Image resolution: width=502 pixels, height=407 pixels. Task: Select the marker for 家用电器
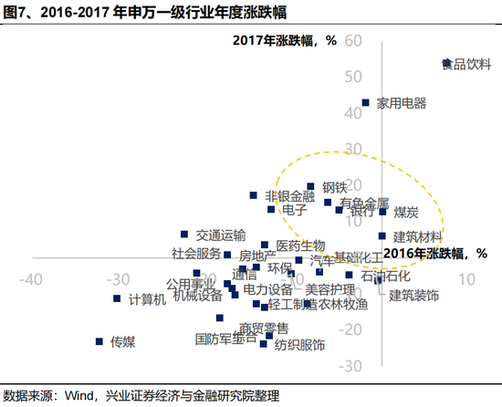coord(366,103)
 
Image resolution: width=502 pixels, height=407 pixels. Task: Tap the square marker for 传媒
coord(99,341)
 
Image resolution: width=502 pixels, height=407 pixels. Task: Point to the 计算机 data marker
coord(117,298)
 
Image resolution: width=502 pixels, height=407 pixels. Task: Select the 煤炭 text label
coord(406,212)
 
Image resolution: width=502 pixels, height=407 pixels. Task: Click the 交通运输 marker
coord(184,235)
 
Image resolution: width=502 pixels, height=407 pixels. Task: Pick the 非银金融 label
coord(289,196)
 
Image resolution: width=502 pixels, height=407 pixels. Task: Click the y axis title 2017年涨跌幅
coord(285,41)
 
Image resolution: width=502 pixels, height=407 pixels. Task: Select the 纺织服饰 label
coord(299,345)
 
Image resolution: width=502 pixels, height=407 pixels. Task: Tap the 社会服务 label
coord(196,253)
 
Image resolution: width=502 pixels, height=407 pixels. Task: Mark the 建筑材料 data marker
coord(382,235)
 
